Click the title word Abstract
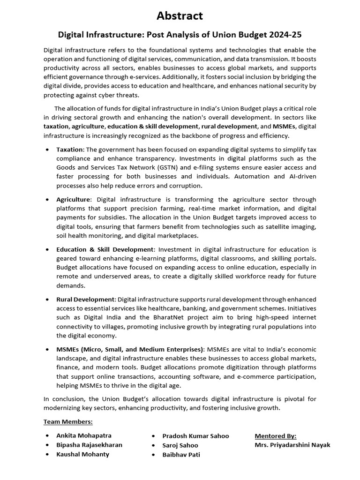180,16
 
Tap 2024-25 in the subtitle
285,35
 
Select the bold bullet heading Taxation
70,150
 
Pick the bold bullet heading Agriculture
73,199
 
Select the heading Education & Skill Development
105,249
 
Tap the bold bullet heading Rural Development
85,299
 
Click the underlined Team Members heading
68,421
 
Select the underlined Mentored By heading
275,435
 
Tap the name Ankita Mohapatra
84,435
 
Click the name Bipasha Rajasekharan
89,445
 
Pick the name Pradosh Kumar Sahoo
195,436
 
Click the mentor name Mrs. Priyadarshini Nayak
292,445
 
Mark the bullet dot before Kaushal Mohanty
48,454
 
